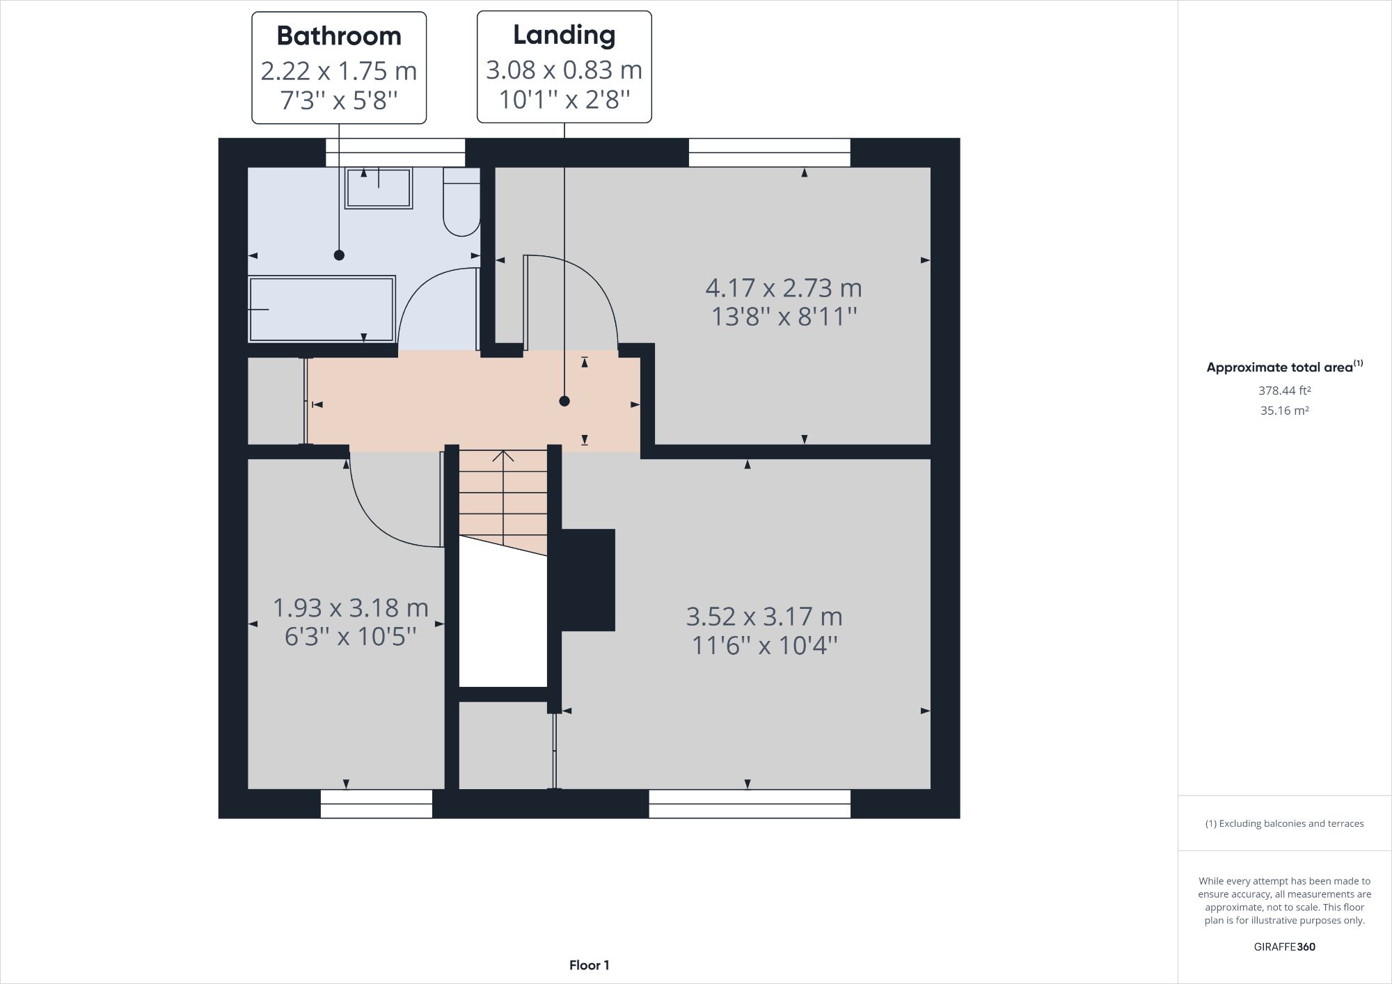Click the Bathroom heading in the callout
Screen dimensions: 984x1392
pyautogui.click(x=339, y=36)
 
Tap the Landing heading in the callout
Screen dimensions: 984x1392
pyautogui.click(x=564, y=35)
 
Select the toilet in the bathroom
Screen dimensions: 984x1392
pyautogui.click(x=461, y=202)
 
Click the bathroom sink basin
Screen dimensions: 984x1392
pyautogui.click(x=379, y=189)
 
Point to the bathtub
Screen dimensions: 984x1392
pyautogui.click(x=322, y=309)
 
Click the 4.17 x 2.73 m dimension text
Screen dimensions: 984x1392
pyautogui.click(x=783, y=287)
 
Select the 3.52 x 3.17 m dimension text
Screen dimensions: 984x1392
pyautogui.click(x=764, y=617)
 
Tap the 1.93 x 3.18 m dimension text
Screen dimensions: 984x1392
pyautogui.click(x=350, y=608)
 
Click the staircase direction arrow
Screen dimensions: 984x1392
pyautogui.click(x=503, y=457)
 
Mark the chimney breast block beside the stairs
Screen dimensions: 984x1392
pyautogui.click(x=587, y=580)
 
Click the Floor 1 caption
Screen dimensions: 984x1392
pyautogui.click(x=589, y=965)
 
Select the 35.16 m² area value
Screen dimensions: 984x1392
pyautogui.click(x=1284, y=411)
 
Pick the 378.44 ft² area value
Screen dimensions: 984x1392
pyautogui.click(x=1284, y=390)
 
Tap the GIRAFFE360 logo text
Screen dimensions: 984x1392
pyautogui.click(x=1284, y=946)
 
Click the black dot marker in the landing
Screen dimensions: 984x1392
pyautogui.click(x=564, y=401)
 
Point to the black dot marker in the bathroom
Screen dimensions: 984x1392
pyautogui.click(x=339, y=255)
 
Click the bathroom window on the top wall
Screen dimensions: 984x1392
pyautogui.click(x=395, y=152)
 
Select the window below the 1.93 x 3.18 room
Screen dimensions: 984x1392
pyautogui.click(x=377, y=804)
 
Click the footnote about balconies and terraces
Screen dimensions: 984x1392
pyautogui.click(x=1284, y=823)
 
